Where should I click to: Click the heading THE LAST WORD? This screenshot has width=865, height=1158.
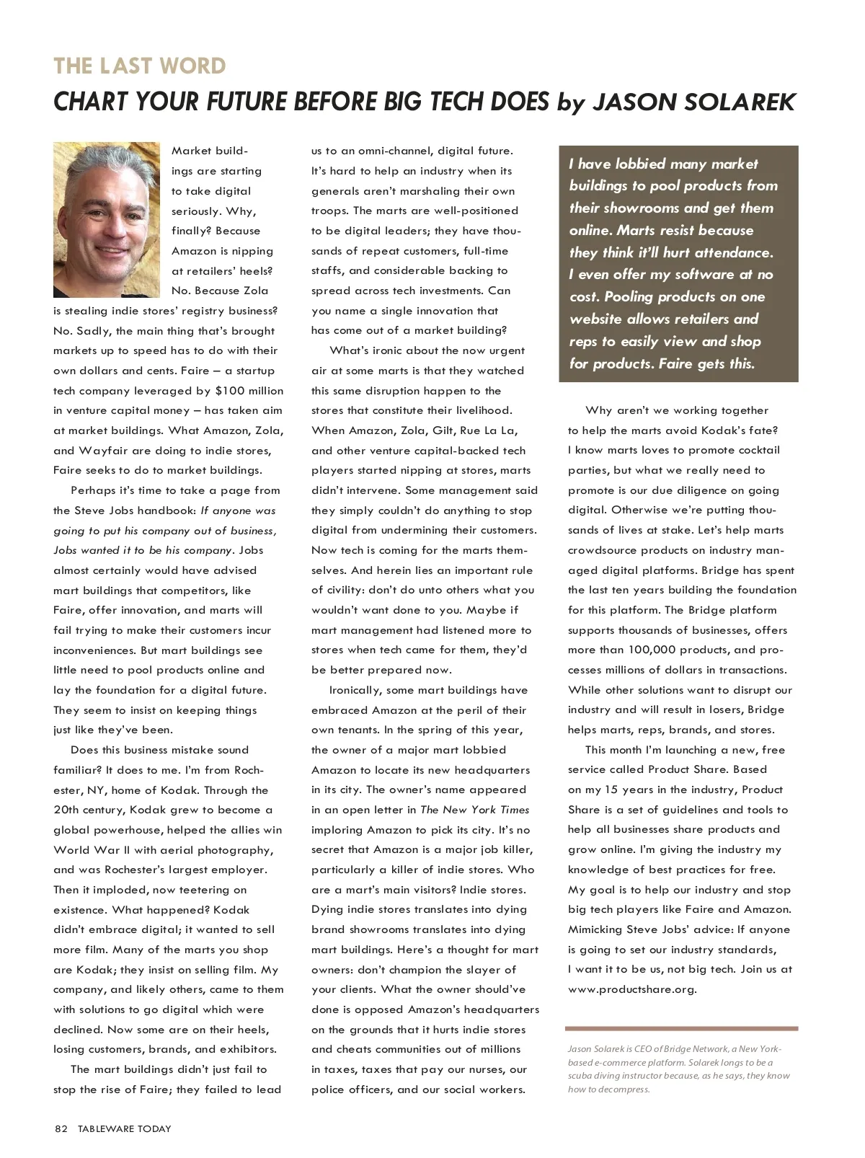point(140,66)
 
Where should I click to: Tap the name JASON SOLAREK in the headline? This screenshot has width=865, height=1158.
point(693,102)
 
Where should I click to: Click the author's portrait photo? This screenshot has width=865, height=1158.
point(106,219)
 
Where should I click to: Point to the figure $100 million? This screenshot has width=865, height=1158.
point(249,391)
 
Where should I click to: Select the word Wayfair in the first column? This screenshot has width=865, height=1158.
point(104,451)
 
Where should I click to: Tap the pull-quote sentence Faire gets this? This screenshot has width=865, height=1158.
point(706,363)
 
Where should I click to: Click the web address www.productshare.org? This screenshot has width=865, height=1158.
point(632,989)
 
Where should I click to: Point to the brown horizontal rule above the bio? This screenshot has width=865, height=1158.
point(681,1028)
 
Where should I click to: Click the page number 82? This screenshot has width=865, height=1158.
point(61,1128)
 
